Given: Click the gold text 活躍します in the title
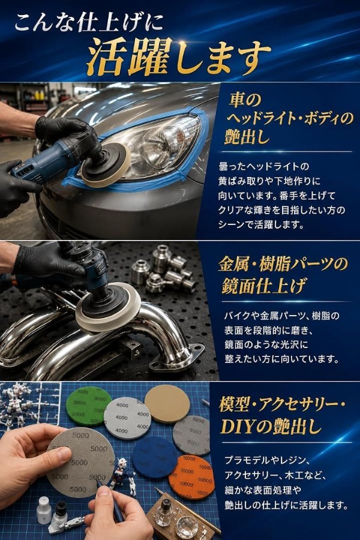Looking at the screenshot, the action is (x=178, y=58).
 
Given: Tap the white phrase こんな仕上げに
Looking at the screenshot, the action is (x=89, y=23).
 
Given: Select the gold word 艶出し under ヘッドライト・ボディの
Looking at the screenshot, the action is (x=247, y=137).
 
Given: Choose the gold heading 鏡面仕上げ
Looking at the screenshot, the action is (x=263, y=286).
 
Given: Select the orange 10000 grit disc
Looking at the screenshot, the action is (x=191, y=476).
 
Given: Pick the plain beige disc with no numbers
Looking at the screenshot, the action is (x=167, y=403).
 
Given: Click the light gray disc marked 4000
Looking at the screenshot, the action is (x=127, y=418).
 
